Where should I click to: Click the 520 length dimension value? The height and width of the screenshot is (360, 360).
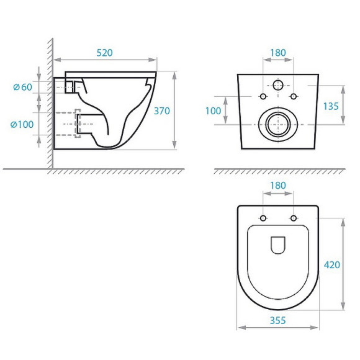(x=104, y=53)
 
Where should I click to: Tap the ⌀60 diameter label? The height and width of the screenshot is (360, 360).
(x=22, y=87)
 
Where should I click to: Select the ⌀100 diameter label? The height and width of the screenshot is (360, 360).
(x=22, y=125)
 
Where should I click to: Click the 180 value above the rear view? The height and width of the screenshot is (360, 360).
(x=277, y=53)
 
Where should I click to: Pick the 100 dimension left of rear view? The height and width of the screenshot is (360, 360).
(x=214, y=110)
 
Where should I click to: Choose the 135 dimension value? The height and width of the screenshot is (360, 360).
(x=331, y=106)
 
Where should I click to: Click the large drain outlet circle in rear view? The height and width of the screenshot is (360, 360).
(x=277, y=124)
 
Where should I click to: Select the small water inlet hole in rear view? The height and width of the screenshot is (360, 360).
(x=277, y=85)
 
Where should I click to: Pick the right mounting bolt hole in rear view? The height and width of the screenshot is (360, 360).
(x=294, y=96)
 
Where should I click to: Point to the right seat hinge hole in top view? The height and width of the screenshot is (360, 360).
(x=294, y=218)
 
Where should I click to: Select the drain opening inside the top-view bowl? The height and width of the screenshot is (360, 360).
(x=277, y=246)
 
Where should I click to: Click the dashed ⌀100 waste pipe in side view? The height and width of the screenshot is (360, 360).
(x=77, y=124)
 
